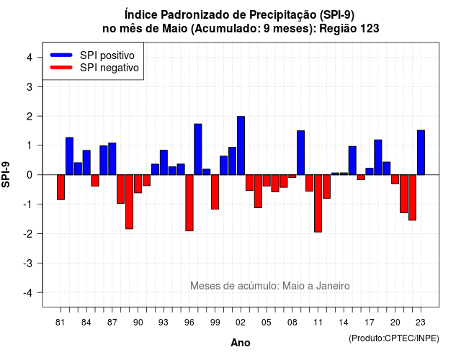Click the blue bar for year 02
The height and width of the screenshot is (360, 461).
241,145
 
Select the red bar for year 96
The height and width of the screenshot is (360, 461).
189,203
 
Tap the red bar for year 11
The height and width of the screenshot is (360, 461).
318,203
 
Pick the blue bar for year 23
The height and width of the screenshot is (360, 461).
421,153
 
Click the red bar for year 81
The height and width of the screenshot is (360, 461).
61,187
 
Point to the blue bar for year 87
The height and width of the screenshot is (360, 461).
112,158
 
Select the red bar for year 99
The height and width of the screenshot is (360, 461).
215,192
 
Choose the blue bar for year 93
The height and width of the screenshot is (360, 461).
164,163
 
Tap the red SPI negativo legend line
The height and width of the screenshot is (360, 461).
61,67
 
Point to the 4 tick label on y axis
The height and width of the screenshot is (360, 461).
30,58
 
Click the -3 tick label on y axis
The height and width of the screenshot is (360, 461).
28,264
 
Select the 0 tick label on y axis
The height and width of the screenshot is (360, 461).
30,175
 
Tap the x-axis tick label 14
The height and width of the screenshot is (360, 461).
343,323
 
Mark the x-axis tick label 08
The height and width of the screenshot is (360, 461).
292,323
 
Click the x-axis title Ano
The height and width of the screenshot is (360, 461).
241,343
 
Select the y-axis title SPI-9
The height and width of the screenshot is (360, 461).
6,175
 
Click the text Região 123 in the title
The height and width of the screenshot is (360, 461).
349,29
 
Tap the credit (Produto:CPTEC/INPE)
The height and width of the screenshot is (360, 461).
394,338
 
